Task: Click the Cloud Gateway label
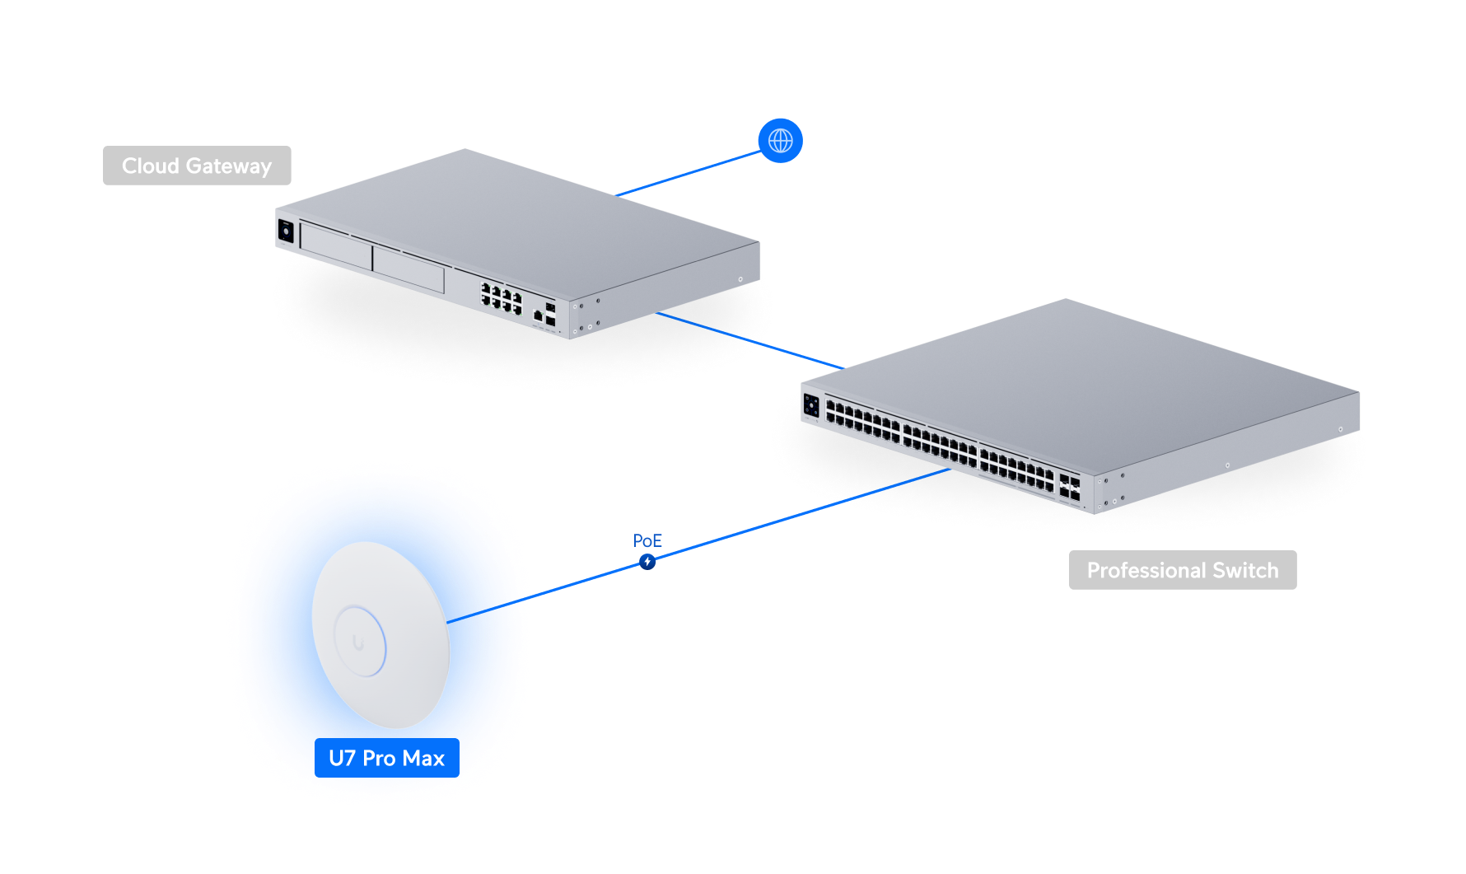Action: [197, 166]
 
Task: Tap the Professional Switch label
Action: [1182, 570]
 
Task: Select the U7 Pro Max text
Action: [386, 758]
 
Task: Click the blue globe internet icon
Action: [780, 141]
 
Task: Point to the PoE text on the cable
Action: [647, 540]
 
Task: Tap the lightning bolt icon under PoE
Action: [647, 562]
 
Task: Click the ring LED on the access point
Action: [359, 641]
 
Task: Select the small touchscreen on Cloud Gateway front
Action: [286, 231]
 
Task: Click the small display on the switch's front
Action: [811, 405]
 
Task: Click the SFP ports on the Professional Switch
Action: [1069, 488]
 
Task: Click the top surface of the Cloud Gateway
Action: [519, 214]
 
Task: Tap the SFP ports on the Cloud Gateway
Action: [550, 314]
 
